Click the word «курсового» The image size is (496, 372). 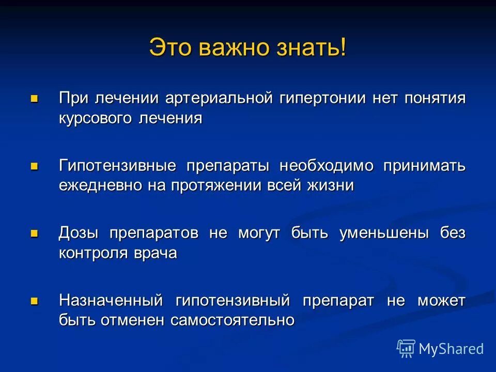96,118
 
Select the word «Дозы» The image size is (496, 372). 79,233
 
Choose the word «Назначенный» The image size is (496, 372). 111,300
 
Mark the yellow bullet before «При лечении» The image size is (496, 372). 35,98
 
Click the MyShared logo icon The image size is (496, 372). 406,349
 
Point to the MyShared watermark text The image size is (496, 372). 451,349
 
